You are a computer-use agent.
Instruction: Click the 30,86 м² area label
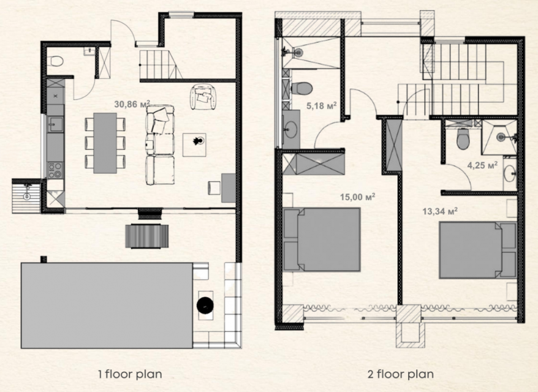132,104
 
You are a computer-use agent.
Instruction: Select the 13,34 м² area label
440,211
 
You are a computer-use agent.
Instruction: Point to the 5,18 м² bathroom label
321,105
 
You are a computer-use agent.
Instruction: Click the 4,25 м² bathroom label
482,165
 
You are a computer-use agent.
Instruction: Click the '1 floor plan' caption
130,374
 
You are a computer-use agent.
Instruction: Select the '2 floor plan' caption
400,374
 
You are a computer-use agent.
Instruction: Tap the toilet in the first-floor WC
56,61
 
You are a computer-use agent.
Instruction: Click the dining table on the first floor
105,143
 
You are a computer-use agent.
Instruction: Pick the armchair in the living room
205,97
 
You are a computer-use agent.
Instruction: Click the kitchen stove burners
55,170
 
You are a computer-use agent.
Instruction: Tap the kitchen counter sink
55,124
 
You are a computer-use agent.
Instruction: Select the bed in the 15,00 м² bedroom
322,239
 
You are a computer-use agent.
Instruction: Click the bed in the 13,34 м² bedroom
478,250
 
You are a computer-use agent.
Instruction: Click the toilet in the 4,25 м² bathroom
463,138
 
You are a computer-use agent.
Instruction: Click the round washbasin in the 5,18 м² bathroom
291,130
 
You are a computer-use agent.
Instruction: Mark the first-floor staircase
158,64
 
